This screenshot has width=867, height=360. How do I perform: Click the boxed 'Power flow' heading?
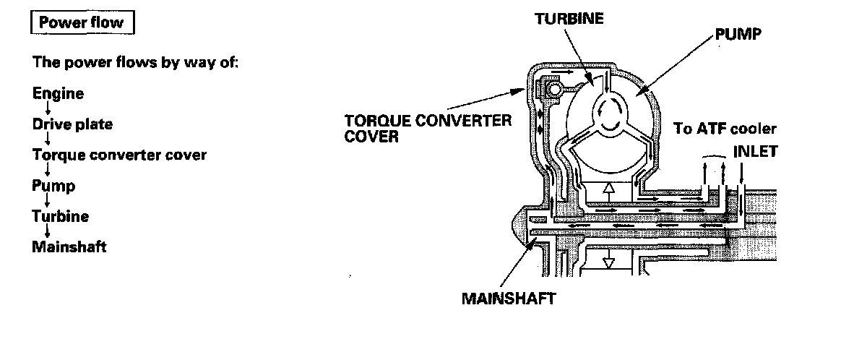tap(82, 22)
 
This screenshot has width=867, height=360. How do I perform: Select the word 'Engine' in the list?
tap(58, 93)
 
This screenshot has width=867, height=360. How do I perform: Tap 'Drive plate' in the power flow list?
tap(72, 124)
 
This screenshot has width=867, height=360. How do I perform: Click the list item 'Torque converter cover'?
tap(119, 155)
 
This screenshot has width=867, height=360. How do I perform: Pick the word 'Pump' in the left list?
tap(53, 186)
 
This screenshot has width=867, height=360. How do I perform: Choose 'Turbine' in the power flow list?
tap(61, 216)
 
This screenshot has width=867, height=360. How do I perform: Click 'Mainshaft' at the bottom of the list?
tap(69, 247)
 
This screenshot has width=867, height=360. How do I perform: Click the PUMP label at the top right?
tap(738, 35)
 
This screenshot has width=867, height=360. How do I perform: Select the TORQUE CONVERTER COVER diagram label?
tap(428, 127)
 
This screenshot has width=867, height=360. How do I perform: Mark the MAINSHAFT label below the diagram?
tap(509, 298)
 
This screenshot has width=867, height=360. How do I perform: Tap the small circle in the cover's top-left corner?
tap(553, 90)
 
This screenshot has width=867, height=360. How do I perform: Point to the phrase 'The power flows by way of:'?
tap(136, 62)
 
